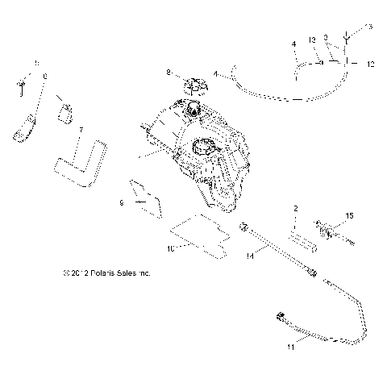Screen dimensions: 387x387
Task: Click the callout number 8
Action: (x=169, y=73)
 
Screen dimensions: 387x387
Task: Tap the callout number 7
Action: (x=80, y=129)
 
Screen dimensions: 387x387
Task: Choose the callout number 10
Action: (x=171, y=248)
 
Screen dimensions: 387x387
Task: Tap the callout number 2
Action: (x=295, y=208)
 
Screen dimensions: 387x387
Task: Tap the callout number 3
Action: (x=325, y=36)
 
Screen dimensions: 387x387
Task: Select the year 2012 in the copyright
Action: (x=71, y=273)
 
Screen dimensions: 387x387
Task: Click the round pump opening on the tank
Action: (x=203, y=148)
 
